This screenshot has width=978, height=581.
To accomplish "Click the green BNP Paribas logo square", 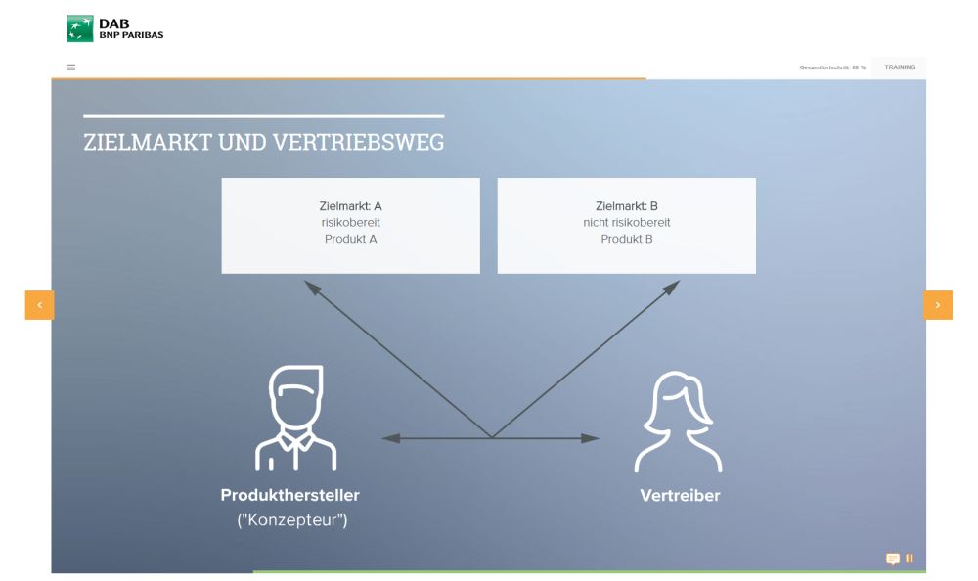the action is coord(80,28).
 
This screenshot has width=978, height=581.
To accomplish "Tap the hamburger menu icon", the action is coord(71,67).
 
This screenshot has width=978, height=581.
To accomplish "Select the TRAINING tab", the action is coord(900,67).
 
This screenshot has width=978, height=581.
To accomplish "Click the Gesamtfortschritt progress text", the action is coord(832,67).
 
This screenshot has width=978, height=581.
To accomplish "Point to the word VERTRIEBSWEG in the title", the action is coord(359,142).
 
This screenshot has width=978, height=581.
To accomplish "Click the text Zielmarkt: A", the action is coord(350,206).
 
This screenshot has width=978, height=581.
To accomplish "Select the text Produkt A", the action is coord(350,239).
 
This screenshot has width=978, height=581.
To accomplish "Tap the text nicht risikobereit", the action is coord(627,222).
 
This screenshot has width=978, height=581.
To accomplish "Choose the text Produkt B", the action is coord(627,239).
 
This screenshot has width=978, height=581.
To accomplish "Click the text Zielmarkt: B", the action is coord(627,206).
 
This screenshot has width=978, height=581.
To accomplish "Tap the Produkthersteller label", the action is coord(290,495).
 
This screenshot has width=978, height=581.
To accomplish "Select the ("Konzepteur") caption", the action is coord(291,519).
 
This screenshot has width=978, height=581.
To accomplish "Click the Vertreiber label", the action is coord(680,496).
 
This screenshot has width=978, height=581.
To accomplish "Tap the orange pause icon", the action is coord(910,558).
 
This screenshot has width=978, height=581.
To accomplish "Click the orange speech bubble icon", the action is coord(893,559).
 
